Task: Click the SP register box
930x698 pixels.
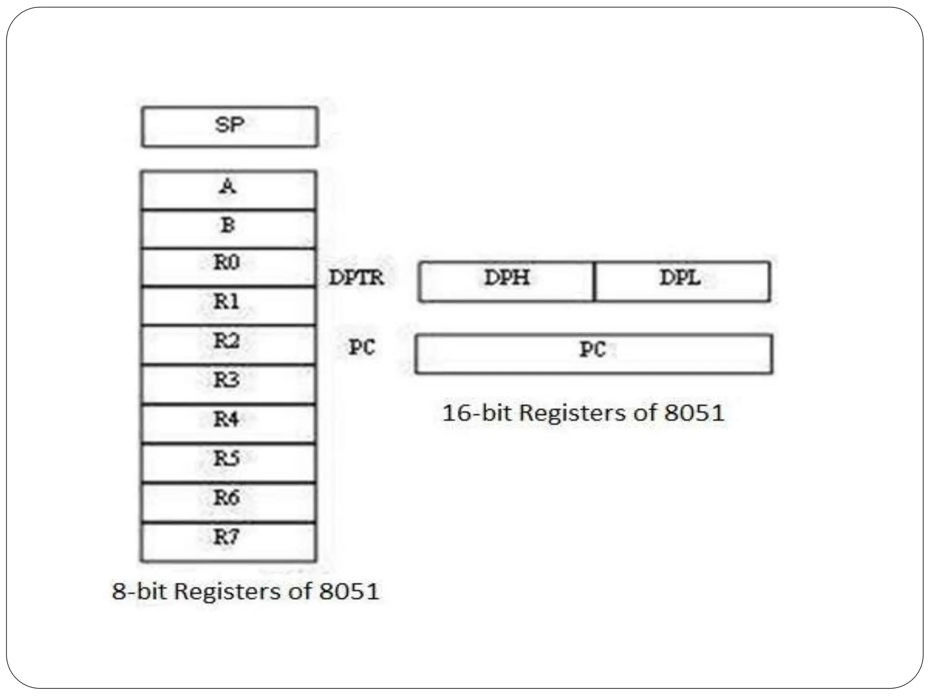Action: [230, 127]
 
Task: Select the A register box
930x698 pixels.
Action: [228, 189]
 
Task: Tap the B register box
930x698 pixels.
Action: [228, 229]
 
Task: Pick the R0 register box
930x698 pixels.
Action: [228, 267]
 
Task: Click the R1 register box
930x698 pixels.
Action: [228, 306]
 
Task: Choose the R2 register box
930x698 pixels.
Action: [228, 344]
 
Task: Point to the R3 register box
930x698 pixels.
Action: [228, 384]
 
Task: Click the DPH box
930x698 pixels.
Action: [506, 281]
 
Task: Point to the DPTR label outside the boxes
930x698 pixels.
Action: [356, 278]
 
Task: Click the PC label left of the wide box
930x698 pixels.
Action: [361, 348]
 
